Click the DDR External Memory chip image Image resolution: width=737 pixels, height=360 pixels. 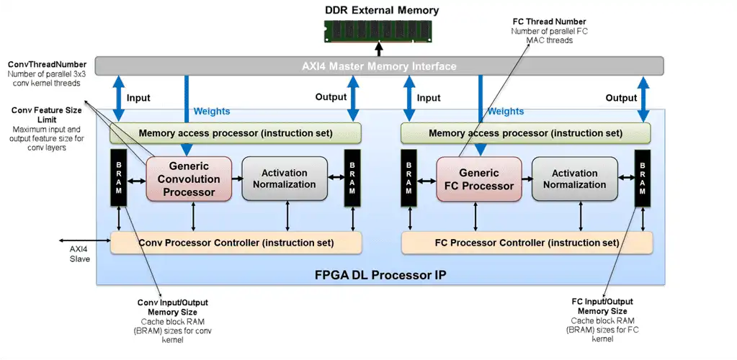(x=378, y=30)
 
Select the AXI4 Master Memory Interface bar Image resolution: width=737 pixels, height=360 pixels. (x=379, y=66)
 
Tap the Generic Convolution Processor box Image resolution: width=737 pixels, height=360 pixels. (x=189, y=179)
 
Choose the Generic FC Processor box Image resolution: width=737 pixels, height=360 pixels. (x=478, y=179)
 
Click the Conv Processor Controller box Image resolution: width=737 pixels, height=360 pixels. (x=236, y=243)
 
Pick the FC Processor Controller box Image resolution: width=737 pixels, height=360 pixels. (x=527, y=243)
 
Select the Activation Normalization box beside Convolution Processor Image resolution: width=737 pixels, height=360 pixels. (x=284, y=179)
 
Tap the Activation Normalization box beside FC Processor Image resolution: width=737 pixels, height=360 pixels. (x=574, y=179)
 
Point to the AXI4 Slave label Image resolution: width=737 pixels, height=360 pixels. (x=79, y=253)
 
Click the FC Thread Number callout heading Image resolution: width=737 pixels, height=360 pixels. (x=548, y=22)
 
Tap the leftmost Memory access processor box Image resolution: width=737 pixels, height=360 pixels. (x=236, y=133)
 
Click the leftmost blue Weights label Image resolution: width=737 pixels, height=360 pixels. (x=212, y=112)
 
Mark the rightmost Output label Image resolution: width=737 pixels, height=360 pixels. (x=621, y=98)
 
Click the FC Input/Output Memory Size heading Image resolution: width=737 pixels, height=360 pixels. (x=602, y=306)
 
